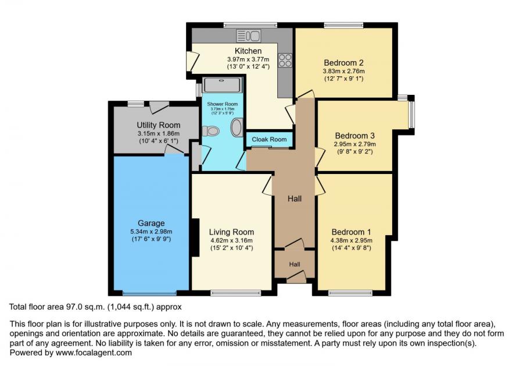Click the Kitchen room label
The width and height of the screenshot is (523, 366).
(x=248, y=51)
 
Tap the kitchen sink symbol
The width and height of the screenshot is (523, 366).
(x=249, y=35)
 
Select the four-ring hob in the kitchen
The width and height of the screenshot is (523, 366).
(x=285, y=60)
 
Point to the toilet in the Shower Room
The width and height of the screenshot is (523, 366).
(x=210, y=131)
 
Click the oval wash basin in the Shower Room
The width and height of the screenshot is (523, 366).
(x=238, y=127)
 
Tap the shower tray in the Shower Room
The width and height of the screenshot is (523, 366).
(x=222, y=85)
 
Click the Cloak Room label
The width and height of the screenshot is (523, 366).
(x=269, y=139)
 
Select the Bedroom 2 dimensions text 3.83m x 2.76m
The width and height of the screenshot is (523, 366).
(x=343, y=71)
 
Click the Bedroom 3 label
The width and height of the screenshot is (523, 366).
(x=354, y=136)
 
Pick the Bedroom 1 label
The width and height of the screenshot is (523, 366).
(x=351, y=232)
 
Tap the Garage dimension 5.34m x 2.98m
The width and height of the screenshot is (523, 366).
(x=152, y=232)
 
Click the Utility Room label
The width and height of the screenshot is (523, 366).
(x=159, y=125)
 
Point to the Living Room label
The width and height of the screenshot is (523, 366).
(x=231, y=232)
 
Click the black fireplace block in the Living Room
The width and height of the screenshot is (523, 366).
(x=196, y=237)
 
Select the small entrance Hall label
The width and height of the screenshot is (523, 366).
(x=295, y=264)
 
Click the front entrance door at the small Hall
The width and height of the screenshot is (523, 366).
(x=296, y=277)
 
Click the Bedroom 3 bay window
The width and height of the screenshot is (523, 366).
(x=411, y=114)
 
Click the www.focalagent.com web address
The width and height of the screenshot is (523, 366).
(x=94, y=353)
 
